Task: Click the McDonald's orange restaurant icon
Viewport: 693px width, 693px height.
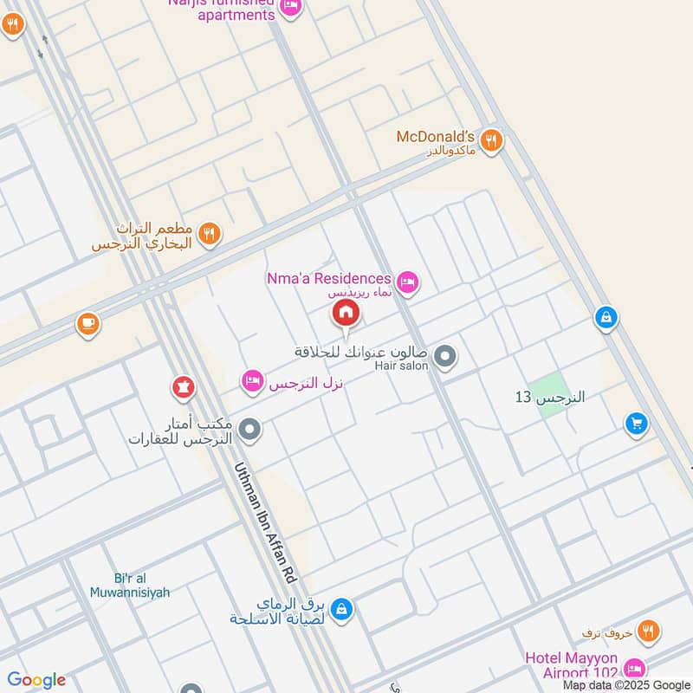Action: pyautogui.click(x=492, y=139)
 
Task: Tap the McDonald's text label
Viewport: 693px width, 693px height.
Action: pyautogui.click(x=436, y=137)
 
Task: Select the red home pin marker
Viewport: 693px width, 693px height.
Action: pyautogui.click(x=345, y=313)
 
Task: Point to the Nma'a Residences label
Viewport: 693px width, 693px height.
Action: pyautogui.click(x=328, y=278)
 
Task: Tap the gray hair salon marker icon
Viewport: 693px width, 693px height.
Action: pyautogui.click(x=445, y=356)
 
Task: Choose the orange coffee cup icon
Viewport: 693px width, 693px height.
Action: pyautogui.click(x=87, y=324)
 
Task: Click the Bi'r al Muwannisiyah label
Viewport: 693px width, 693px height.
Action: pyautogui.click(x=130, y=586)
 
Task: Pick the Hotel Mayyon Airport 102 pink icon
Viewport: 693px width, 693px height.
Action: pyautogui.click(x=635, y=668)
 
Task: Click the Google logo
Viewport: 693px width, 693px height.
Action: pyautogui.click(x=36, y=680)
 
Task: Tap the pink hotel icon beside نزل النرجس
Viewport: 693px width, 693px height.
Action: pyautogui.click(x=252, y=380)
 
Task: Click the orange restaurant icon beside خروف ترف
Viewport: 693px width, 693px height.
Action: pyautogui.click(x=648, y=632)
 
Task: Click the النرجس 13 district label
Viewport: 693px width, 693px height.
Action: pyautogui.click(x=550, y=397)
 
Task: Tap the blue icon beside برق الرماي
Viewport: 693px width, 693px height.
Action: pyautogui.click(x=341, y=609)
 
